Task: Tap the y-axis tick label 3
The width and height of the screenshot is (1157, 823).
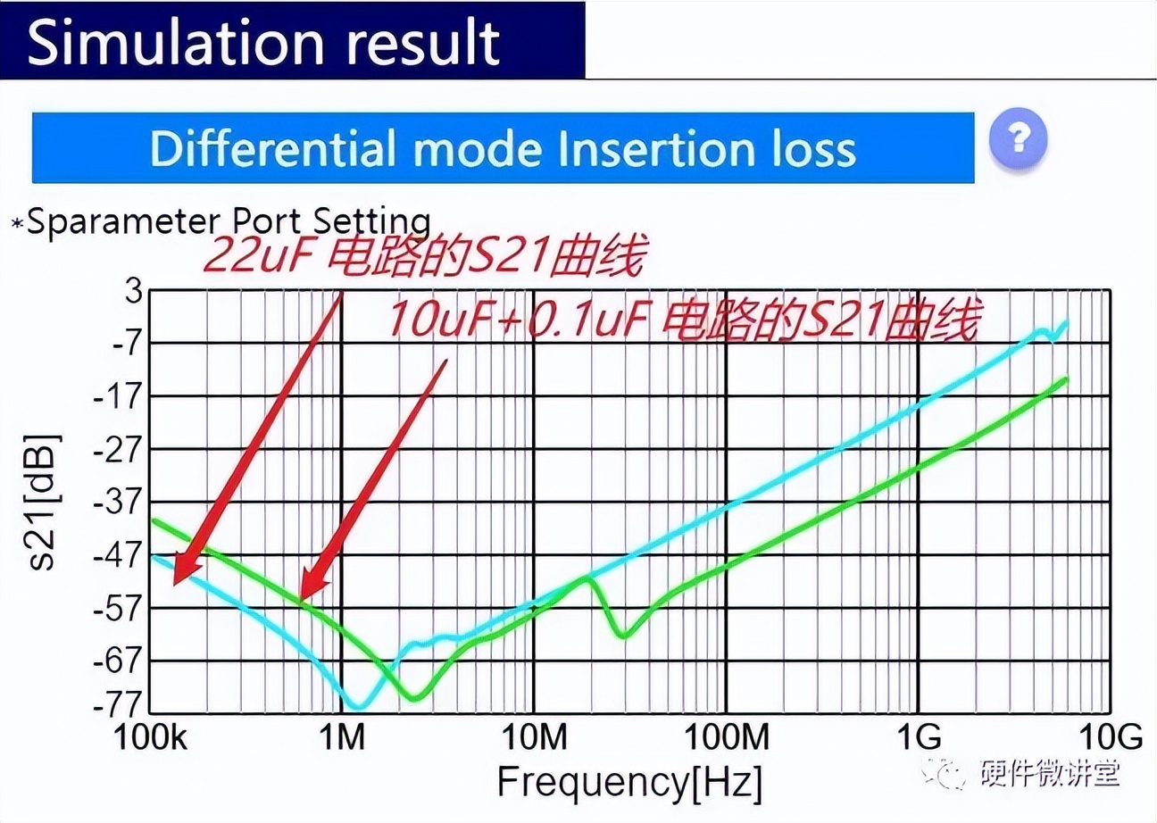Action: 132,291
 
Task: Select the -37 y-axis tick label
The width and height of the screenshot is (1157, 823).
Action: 116,502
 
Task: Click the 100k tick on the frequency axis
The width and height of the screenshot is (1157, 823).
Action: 149,738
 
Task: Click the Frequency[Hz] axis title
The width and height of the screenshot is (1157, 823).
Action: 629,782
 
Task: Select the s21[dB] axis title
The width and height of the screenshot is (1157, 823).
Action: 45,502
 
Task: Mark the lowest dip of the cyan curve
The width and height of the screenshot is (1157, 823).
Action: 358,705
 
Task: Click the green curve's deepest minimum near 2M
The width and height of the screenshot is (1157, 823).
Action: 413,697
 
